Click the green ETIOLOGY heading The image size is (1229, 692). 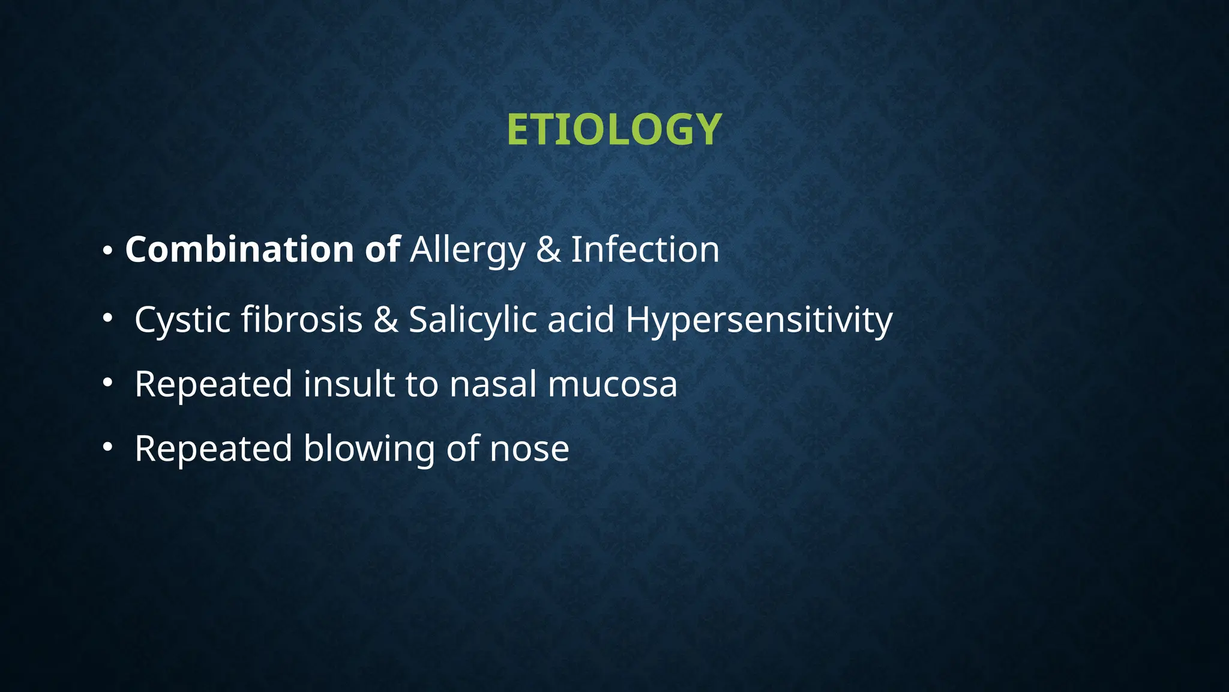coord(614,130)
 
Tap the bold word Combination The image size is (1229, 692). coord(239,249)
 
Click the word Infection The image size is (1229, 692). coord(645,249)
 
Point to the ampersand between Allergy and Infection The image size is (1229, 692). coord(548,250)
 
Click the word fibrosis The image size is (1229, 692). coord(302,319)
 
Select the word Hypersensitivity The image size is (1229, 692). coord(759,320)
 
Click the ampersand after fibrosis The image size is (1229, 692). coord(386,320)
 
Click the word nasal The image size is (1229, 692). coord(493,384)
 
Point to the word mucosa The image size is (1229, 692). coord(613,385)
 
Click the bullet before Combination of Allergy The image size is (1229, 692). coord(107,251)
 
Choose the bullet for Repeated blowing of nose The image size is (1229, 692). coord(107,446)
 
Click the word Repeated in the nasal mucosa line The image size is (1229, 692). coord(213,385)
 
